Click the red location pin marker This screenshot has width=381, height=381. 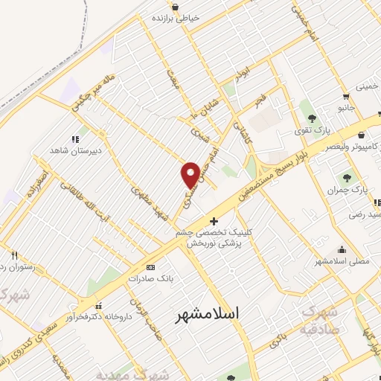[x=190, y=175]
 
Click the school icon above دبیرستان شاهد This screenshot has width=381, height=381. [x=74, y=139]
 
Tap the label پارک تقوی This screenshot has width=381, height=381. [x=310, y=130]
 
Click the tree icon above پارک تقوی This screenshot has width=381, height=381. [x=310, y=118]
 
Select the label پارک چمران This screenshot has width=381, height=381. [x=348, y=190]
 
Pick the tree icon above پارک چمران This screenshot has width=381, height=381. [x=347, y=178]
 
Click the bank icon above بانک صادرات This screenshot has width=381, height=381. [x=151, y=267]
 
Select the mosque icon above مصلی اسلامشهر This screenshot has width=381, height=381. [x=342, y=250]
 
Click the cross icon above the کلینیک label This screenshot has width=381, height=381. [x=214, y=221]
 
